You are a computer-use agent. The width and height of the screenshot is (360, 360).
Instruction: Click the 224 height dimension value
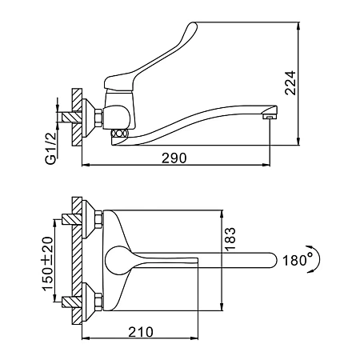[x=290, y=83]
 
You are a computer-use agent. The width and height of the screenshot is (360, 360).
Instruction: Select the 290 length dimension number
[x=174, y=158]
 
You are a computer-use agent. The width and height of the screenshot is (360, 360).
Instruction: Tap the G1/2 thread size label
[x=51, y=149]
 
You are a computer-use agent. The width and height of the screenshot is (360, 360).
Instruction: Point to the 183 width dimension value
[x=230, y=238]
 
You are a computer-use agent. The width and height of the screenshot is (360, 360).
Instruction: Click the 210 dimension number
[x=141, y=332]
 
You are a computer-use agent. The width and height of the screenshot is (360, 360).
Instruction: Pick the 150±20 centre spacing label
[x=47, y=263]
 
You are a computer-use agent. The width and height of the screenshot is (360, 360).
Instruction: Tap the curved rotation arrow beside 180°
[x=317, y=258]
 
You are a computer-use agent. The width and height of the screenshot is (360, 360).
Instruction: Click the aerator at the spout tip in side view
[x=270, y=117]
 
